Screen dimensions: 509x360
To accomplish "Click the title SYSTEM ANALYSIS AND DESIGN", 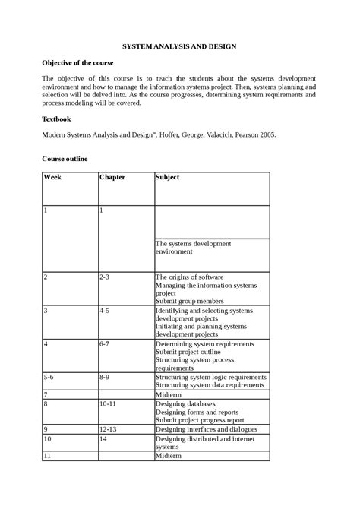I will coord(180,46).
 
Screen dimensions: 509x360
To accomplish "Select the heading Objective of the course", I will coord(77,63).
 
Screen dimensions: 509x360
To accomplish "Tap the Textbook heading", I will coord(58,119).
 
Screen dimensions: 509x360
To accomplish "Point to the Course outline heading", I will coord(65,159).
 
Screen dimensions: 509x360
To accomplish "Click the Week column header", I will coord(52,177).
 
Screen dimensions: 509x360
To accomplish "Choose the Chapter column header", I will coord(112,177).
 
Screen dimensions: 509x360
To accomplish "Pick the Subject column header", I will coord(168,177).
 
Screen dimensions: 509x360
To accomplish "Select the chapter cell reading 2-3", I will coord(105,277).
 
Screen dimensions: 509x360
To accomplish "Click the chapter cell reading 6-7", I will coord(105,344).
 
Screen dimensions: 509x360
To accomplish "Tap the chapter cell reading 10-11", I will coord(107,404).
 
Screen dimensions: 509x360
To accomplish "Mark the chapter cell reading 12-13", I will coord(107,429).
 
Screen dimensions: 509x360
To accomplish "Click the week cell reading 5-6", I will coord(49,377).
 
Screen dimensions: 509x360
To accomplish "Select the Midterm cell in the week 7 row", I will coord(169,395).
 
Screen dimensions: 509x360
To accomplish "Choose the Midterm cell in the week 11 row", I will coord(169,456).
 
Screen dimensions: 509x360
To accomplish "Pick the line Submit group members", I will coord(190,301).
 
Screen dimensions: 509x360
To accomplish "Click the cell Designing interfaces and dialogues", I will coord(206,429).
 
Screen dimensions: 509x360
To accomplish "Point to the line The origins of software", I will coord(189,277).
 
